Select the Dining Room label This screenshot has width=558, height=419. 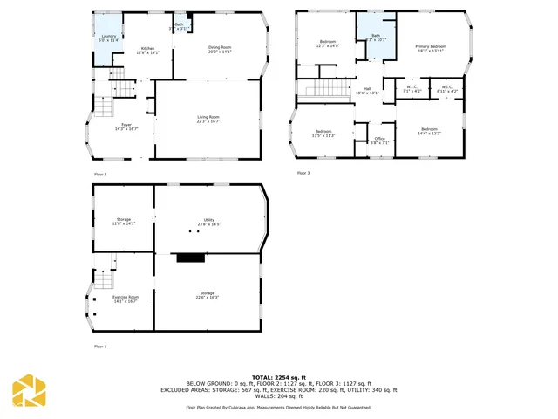pos(220,49)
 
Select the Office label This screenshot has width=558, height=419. pos(379,141)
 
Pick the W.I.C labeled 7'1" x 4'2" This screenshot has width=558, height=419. pos(412,89)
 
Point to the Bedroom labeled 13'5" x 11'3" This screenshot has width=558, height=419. pos(323,134)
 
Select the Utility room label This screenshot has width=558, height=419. pos(209,222)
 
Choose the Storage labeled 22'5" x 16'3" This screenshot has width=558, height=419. pos(207,295)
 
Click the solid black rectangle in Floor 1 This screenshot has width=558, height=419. pos(188,258)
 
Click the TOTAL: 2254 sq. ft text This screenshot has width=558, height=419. pos(278,376)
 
